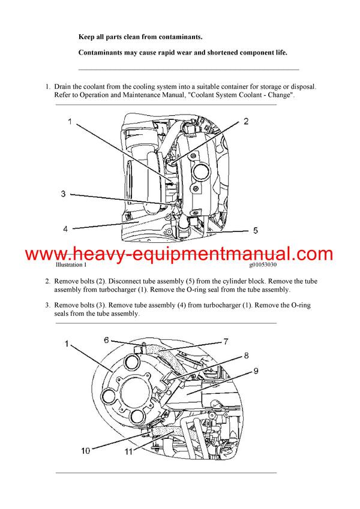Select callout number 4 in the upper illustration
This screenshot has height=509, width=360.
click(x=66, y=228)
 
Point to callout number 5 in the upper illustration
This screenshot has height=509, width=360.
click(x=254, y=230)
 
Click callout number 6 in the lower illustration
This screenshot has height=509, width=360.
click(x=106, y=340)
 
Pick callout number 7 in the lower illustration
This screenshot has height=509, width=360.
click(x=226, y=342)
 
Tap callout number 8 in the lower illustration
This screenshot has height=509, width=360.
click(x=245, y=356)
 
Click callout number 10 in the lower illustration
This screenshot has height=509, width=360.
click(x=86, y=450)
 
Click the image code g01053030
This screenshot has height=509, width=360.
click(x=263, y=264)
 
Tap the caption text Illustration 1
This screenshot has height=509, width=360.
click(x=71, y=264)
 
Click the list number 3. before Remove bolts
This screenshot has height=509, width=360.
click(x=47, y=305)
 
